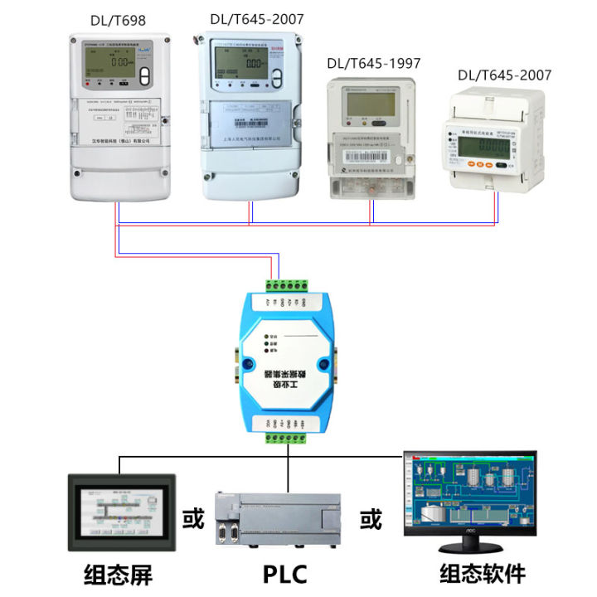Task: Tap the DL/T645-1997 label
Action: coord(373,63)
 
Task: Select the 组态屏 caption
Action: coord(119,574)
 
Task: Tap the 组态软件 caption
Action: coord(482,574)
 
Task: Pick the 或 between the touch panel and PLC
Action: coord(192,520)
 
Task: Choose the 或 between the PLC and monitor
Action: coord(371,520)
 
